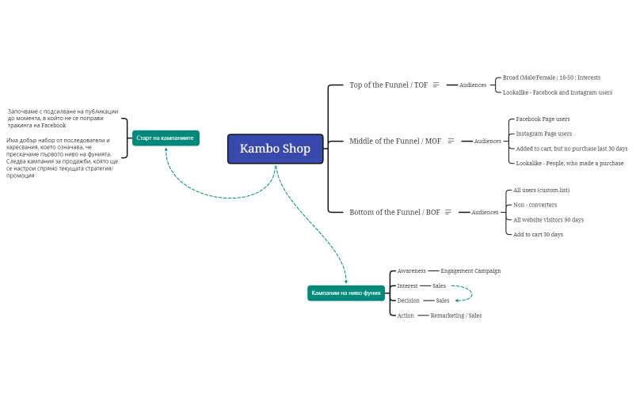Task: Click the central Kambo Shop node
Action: pos(275,149)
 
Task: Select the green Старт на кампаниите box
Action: pos(166,138)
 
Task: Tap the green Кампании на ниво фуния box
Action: pos(345,293)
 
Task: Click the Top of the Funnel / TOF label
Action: pos(388,85)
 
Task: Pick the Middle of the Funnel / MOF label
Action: pos(395,141)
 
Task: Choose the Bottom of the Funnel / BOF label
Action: pos(394,212)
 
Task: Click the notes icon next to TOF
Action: pos(436,85)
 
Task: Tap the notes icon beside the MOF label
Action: pos(451,141)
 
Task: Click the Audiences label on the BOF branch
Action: pos(485,212)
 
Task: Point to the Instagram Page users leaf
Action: pos(543,134)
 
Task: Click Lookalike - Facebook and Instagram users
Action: pos(557,93)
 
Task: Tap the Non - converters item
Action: pos(535,205)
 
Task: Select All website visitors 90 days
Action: pos(548,220)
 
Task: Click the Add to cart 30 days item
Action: pos(538,234)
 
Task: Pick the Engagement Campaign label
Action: pos(470,270)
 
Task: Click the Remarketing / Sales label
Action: pos(455,316)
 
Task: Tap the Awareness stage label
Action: pos(411,270)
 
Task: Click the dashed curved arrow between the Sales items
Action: pos(470,293)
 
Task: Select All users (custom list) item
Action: pos(541,190)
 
